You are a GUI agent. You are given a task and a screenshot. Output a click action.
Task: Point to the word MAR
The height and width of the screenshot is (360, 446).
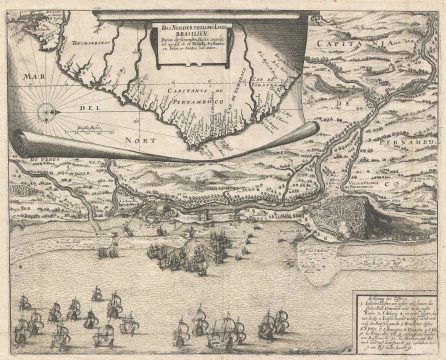[x=37, y=77]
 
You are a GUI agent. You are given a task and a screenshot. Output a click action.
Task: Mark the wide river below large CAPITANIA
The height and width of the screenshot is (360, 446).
[x=340, y=75]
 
